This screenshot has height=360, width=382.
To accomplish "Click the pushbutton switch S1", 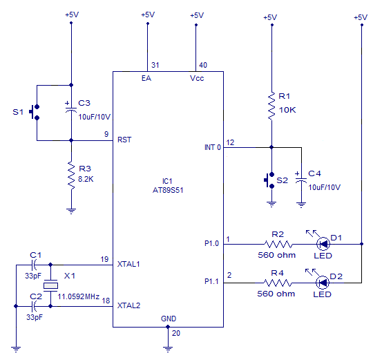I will pos(35,112).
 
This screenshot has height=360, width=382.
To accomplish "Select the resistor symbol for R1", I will pos(271,104).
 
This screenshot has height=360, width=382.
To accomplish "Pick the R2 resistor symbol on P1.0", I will pos(278,243).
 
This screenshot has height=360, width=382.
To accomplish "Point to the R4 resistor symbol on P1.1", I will pos(278,282).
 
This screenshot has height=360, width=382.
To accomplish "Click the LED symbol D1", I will pos(323,243).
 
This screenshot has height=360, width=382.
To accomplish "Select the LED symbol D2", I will pos(323,282).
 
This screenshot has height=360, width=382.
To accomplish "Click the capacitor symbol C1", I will pos(36,265).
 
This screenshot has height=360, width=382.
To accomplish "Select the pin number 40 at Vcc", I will pos(203,65).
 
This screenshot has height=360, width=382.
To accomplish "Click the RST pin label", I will pos(124,140).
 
